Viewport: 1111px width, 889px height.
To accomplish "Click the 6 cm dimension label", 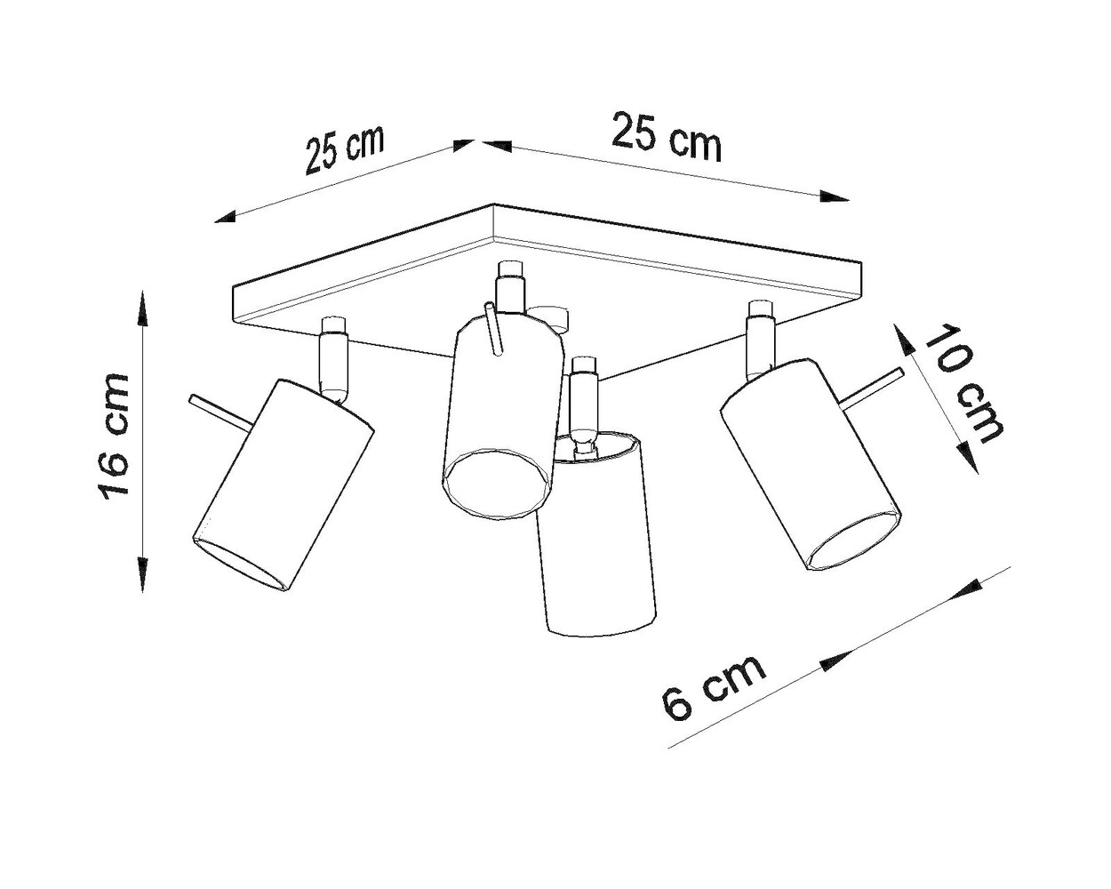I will point(713,688).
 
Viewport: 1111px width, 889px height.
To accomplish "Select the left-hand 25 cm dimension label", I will point(345,148).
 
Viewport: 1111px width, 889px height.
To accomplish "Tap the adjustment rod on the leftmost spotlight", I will point(218,412).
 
